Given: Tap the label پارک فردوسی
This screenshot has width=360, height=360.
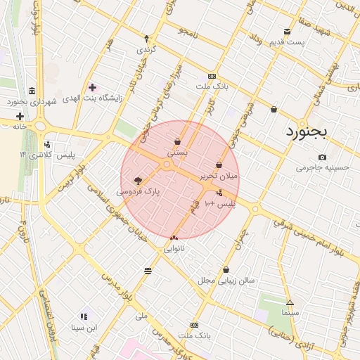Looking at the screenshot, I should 138,191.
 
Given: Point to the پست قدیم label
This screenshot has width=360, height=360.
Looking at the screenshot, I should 287,44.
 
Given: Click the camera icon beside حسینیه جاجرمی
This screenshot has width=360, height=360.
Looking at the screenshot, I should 322,157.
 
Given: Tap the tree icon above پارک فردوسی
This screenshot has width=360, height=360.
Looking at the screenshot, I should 138,180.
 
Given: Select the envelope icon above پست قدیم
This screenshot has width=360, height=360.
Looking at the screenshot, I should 287,32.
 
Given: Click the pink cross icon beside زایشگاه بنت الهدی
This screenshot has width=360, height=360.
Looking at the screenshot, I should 92,88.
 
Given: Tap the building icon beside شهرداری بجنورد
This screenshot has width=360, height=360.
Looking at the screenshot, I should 32,91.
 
